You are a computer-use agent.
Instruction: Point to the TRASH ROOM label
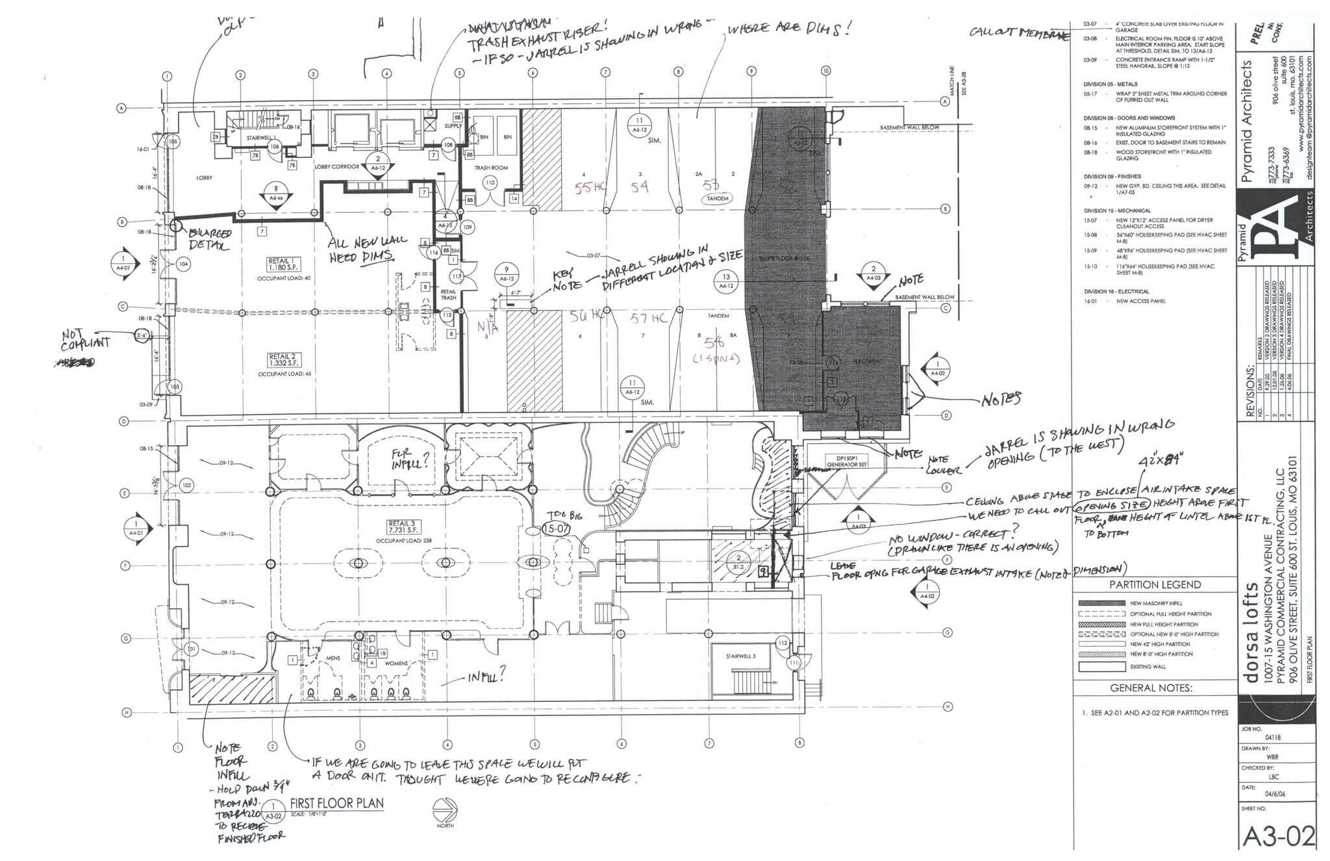point(491,168)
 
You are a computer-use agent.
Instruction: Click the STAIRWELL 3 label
point(741,657)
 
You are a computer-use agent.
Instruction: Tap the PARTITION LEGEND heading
point(1155,584)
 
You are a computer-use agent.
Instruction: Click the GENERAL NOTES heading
point(1151,688)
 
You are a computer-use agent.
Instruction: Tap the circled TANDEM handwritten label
point(718,198)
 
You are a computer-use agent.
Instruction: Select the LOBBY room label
point(205,177)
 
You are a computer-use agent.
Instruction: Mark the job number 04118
point(1272,738)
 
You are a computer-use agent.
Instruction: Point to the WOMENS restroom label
point(396,663)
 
